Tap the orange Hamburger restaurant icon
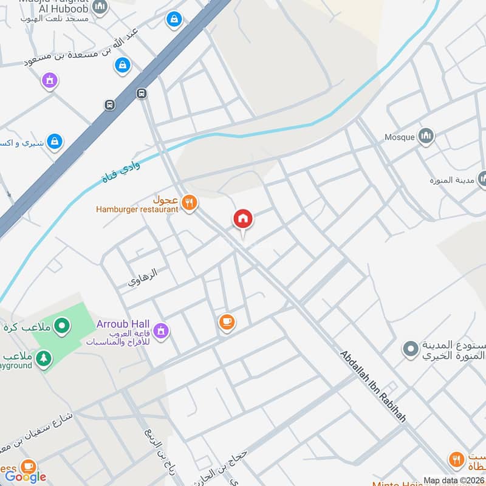(190, 204)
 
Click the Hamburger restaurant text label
(137, 210)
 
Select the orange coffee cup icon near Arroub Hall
(227, 322)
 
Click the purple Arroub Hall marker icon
(161, 330)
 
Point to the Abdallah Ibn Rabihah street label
(372, 386)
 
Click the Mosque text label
(399, 137)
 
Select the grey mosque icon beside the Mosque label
(426, 136)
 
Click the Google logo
(26, 476)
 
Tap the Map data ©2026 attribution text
(453, 481)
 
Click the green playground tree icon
(43, 360)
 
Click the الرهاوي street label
(143, 278)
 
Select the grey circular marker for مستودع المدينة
(411, 349)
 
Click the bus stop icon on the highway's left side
(110, 104)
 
